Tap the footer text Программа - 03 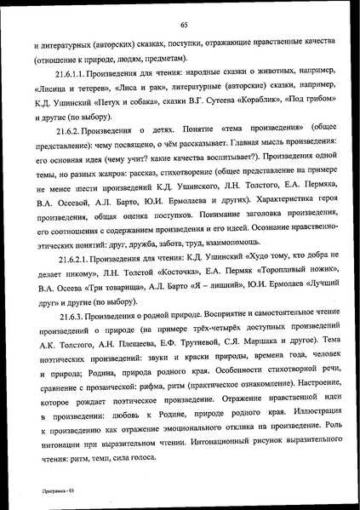click(42, 491)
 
